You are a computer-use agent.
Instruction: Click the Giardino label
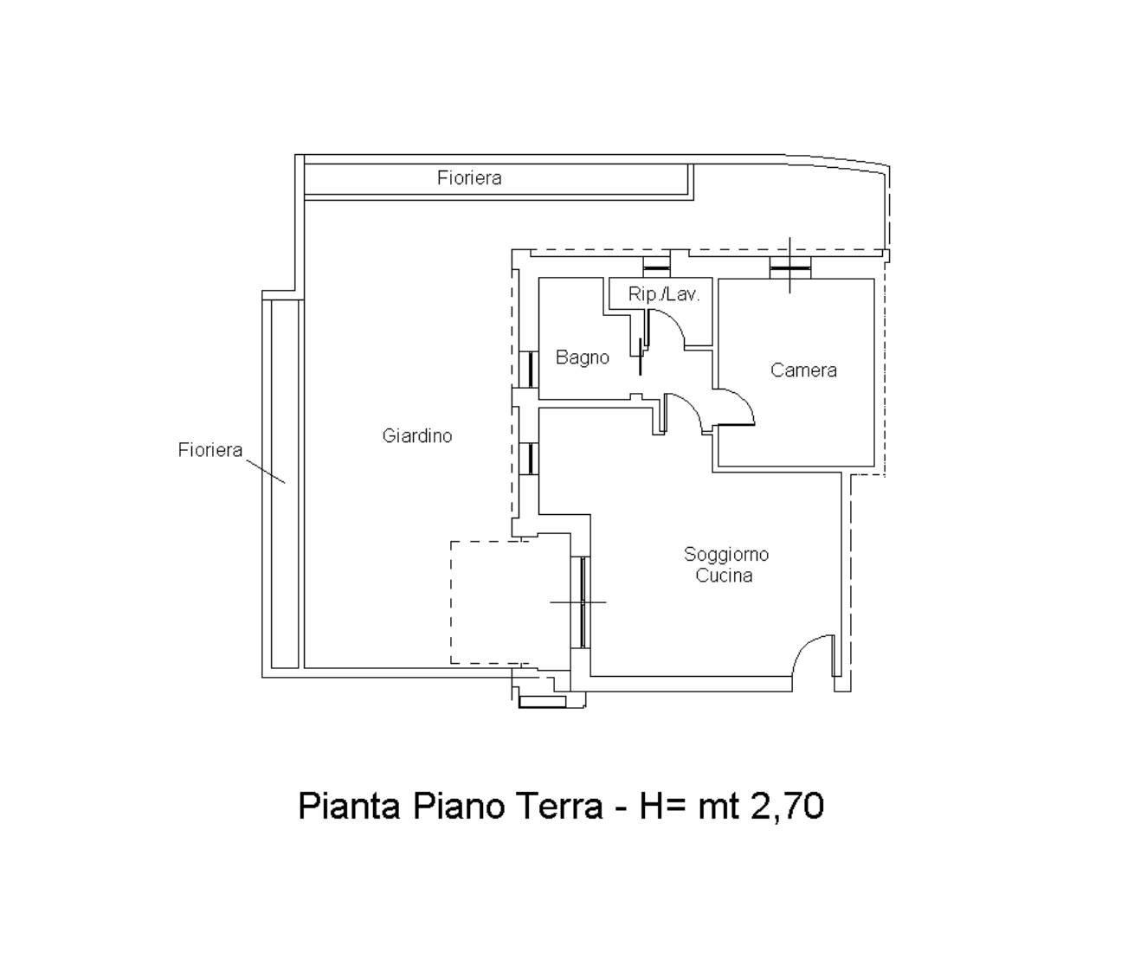417,436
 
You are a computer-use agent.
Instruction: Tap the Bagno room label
582,358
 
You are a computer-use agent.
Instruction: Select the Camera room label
803,370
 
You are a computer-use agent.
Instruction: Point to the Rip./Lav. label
664,294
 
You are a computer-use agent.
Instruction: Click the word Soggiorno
725,555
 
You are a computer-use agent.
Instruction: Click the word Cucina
724,576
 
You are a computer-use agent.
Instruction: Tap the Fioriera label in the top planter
469,177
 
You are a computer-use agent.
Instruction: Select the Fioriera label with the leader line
210,450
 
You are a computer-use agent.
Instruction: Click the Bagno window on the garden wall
530,370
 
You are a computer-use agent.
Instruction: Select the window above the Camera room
790,268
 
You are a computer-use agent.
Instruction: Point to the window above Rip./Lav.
656,267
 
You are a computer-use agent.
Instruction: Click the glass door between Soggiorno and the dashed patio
583,602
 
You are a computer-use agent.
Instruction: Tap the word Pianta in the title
349,807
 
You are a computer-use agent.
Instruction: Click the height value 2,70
787,807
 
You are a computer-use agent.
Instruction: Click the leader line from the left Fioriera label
265,471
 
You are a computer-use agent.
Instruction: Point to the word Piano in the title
458,807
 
